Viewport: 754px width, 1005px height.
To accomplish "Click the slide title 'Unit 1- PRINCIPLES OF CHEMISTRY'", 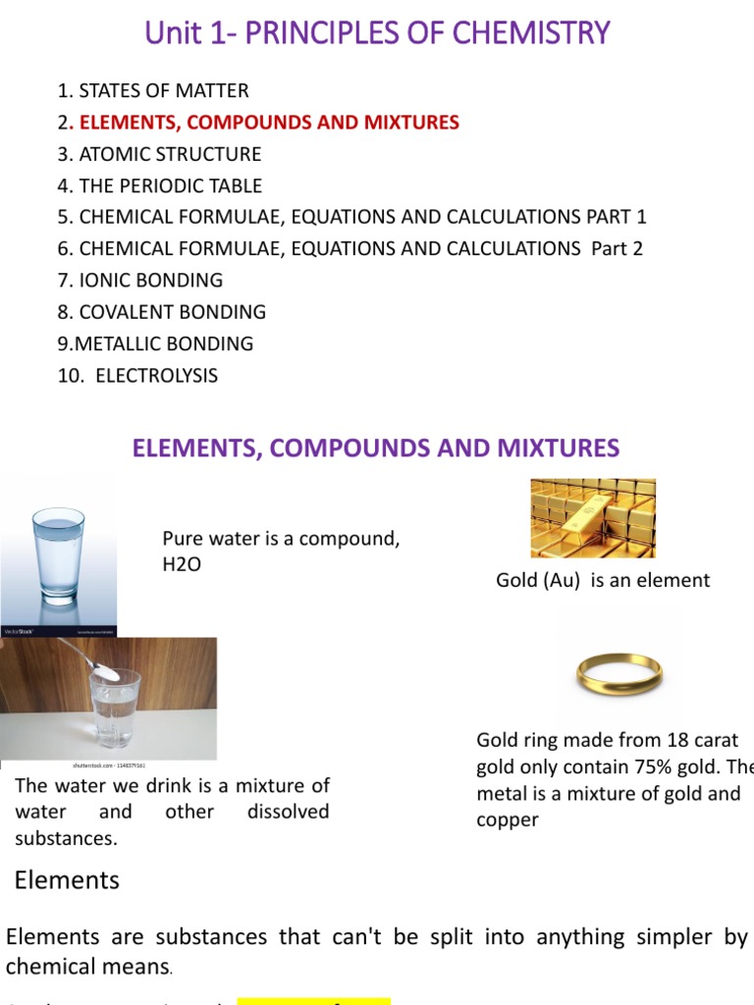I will pos(377,34).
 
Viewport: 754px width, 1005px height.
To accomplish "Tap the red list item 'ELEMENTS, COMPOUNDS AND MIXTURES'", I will pos(268,123).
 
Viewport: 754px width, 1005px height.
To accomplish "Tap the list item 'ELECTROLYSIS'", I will pos(156,375).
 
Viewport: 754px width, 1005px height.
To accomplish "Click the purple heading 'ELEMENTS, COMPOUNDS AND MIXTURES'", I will pos(376,449).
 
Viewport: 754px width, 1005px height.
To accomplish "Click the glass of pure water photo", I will pos(59,559).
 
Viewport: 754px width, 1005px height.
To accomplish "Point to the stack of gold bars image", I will pos(593,518).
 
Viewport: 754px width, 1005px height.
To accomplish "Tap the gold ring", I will pos(619,673).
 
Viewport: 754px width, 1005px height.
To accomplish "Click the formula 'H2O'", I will pos(182,565).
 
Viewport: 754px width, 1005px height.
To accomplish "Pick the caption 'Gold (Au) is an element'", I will pos(603,580).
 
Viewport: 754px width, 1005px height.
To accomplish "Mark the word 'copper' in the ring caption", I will pos(508,820).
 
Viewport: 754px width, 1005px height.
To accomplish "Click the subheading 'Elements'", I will pos(67,880).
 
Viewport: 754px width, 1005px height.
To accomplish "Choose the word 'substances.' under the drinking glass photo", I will pos(66,838).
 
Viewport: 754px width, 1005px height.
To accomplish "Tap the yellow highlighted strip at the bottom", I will pos(314,1000).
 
